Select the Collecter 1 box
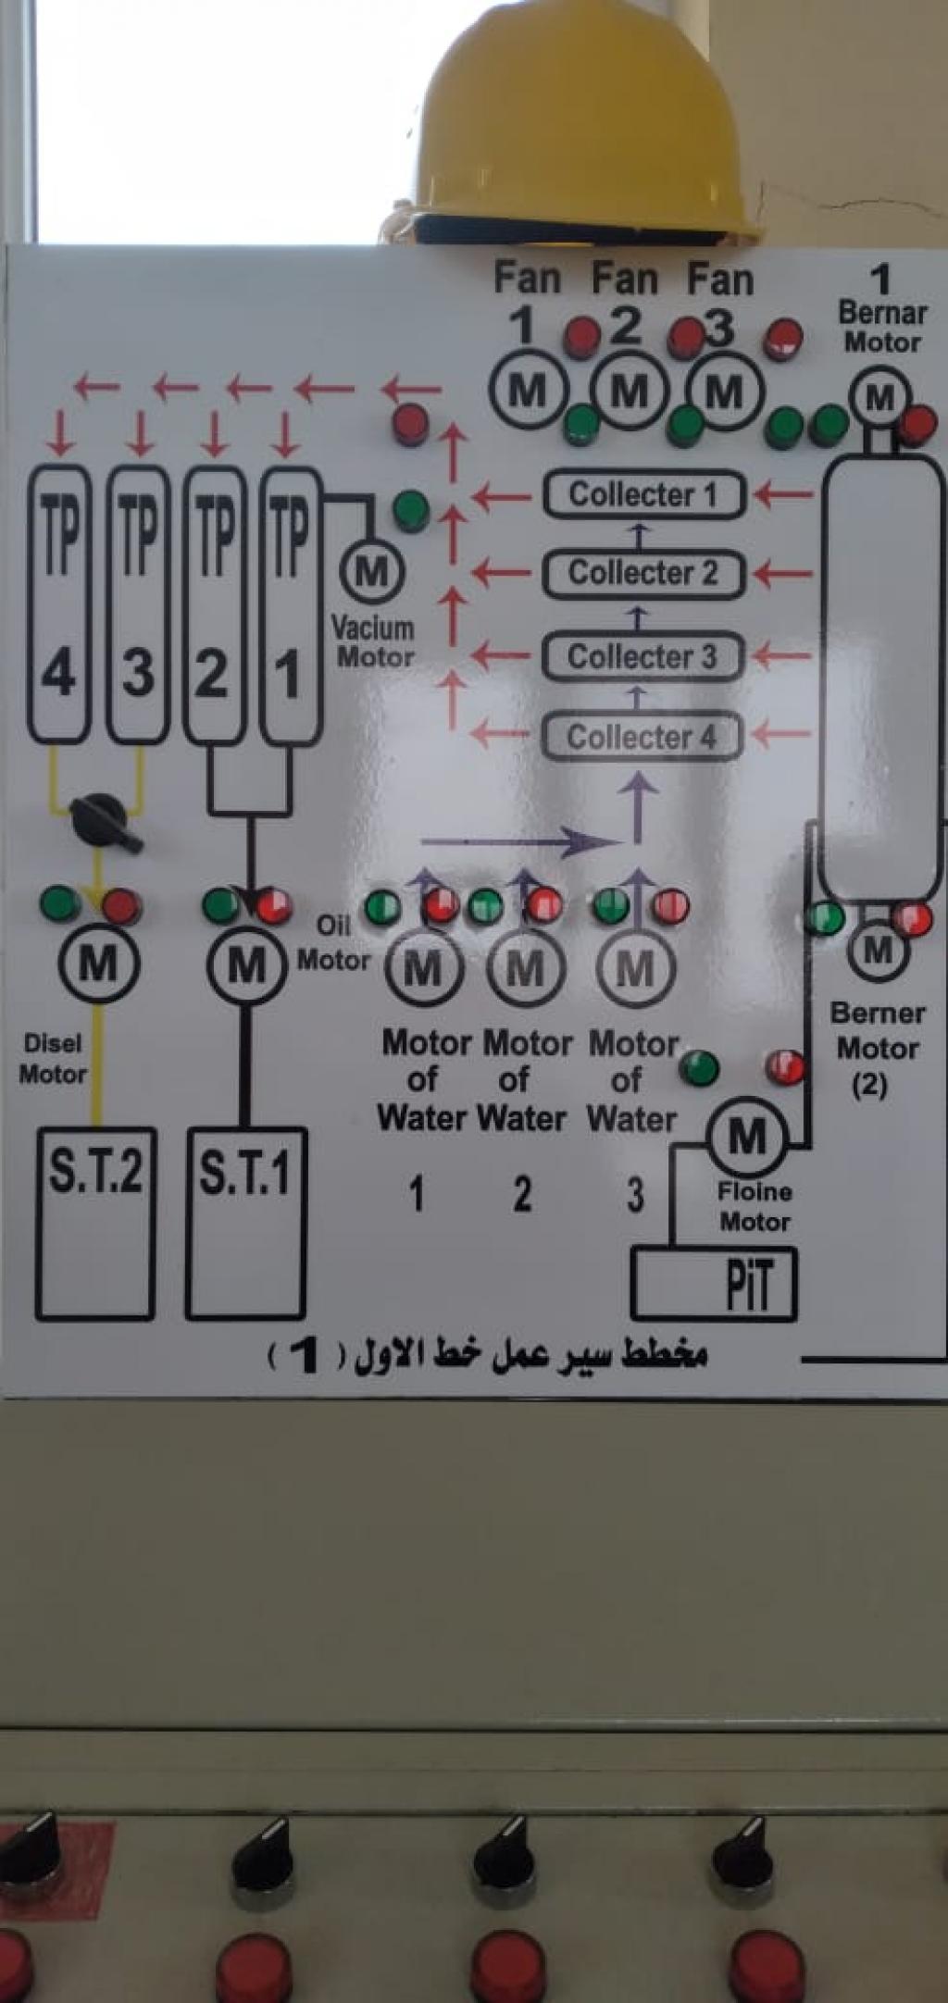[x=643, y=494]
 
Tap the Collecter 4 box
[x=642, y=738]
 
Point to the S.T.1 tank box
[x=245, y=1222]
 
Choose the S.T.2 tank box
[x=95, y=1222]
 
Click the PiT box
[x=713, y=1283]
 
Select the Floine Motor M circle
[x=747, y=1136]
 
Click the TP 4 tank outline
[x=59, y=603]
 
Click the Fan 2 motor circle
[x=630, y=392]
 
